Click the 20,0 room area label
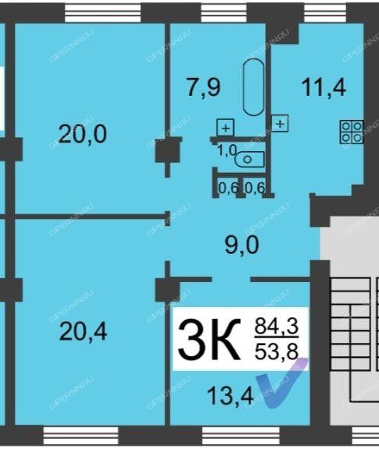83,134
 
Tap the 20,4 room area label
83,331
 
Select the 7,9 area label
204,87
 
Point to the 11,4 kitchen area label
324,87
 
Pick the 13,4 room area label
230,396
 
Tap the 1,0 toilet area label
227,150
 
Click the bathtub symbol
253,87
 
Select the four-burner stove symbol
352,132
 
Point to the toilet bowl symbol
250,159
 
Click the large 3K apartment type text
209,339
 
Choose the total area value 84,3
276,327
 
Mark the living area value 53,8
276,351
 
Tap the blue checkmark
282,383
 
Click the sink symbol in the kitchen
280,123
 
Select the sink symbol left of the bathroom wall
225,127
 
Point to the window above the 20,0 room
103,13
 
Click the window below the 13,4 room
240,436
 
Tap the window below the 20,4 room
81,436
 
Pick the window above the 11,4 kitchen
325,13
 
